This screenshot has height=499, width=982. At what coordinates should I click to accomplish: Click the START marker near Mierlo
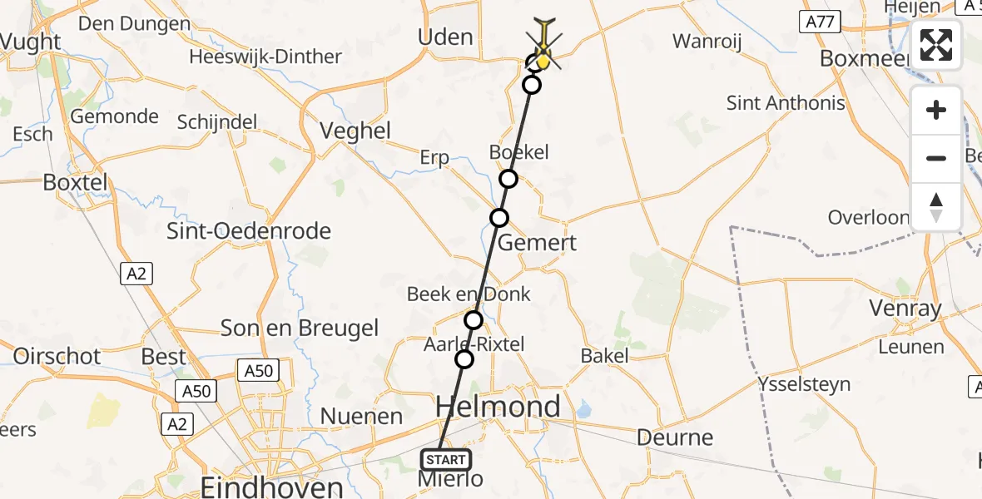tap(446, 460)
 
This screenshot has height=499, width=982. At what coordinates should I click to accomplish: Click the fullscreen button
tap(936, 45)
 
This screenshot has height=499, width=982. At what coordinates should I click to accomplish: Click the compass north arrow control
tap(936, 207)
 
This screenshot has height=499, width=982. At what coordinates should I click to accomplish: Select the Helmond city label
tap(498, 408)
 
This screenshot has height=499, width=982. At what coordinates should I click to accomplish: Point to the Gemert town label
tap(537, 243)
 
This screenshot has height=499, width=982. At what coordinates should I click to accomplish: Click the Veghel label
tap(355, 131)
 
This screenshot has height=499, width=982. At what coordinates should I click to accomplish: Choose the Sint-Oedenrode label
tap(249, 231)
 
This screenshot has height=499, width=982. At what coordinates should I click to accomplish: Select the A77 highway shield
tap(820, 22)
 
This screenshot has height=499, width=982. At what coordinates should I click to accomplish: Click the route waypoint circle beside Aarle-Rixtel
tap(464, 358)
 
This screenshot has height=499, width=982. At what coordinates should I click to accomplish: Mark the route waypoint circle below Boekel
tap(508, 179)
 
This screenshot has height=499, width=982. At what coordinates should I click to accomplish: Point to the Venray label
tap(905, 309)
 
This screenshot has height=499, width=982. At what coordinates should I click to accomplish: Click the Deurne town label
tap(675, 437)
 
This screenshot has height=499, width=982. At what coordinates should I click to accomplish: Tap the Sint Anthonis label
tap(786, 103)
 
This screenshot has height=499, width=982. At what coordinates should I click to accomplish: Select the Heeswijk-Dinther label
tap(265, 57)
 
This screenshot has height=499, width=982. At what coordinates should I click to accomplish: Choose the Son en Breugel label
tap(299, 328)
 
